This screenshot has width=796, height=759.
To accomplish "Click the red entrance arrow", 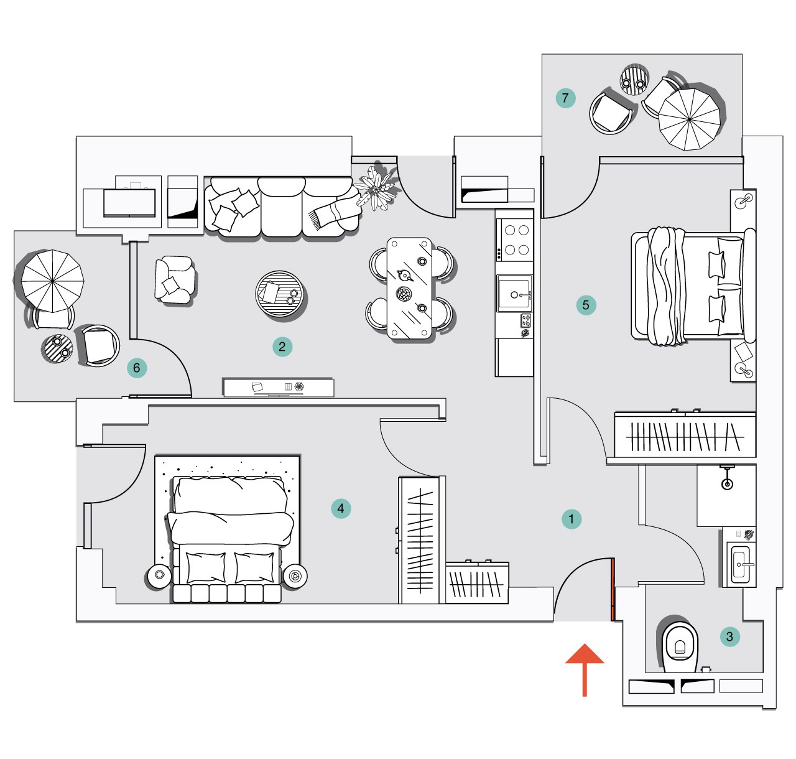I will [584, 668].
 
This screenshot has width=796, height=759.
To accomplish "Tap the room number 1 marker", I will [571, 519].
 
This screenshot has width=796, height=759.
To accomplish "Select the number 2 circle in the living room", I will [282, 347].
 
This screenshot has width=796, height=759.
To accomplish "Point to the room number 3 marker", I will [729, 636].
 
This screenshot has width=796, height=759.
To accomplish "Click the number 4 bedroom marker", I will [340, 508].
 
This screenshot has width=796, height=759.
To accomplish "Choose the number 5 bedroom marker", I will [586, 305].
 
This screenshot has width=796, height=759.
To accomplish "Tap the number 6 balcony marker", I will [137, 368].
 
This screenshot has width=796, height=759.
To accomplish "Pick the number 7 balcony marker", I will [565, 98].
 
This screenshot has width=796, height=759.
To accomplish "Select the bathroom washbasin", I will [740, 565].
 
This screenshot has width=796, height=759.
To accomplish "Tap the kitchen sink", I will [514, 293].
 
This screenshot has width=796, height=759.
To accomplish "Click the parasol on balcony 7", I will [690, 119].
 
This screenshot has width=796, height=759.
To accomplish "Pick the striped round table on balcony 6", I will [57, 349].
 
